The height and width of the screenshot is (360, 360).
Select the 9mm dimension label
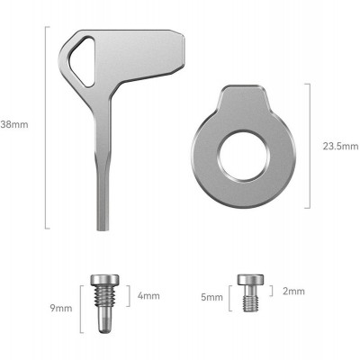(61, 308)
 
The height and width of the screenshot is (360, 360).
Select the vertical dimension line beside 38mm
(45, 126)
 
